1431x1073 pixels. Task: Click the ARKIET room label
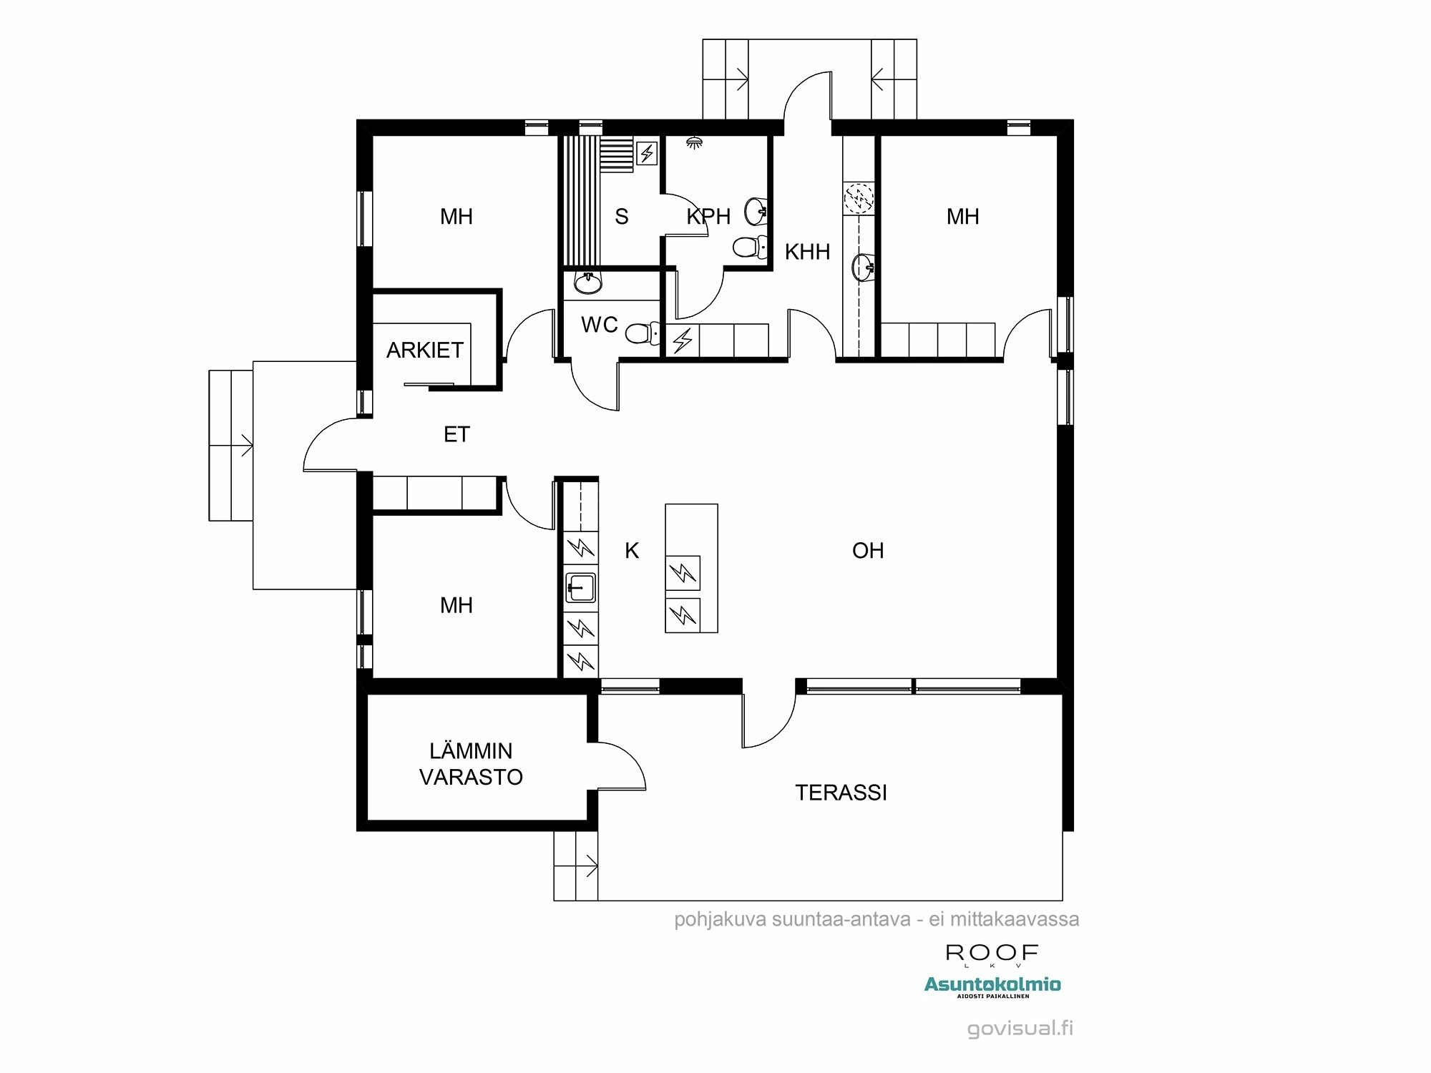(424, 350)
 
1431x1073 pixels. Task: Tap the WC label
(599, 325)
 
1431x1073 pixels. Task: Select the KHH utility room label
(807, 252)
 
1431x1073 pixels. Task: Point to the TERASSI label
(841, 793)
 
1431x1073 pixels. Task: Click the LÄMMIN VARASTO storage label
(471, 764)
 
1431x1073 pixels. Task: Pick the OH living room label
(868, 551)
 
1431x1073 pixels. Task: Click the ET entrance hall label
(456, 434)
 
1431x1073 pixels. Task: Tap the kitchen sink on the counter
(580, 588)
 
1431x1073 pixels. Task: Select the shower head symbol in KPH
(693, 142)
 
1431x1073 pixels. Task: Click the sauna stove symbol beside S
(647, 152)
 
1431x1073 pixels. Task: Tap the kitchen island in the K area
(691, 568)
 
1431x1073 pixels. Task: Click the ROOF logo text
(992, 953)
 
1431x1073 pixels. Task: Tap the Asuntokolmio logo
(992, 985)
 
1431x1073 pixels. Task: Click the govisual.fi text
(1020, 1029)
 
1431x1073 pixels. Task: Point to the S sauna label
(621, 217)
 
